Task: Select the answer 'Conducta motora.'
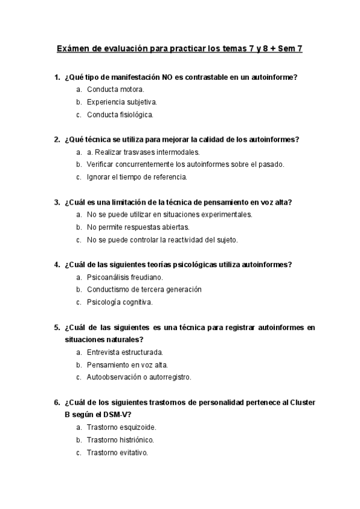(115, 89)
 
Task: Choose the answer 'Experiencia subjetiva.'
(122, 102)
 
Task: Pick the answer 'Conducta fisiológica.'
(120, 115)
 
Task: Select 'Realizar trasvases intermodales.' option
(147, 152)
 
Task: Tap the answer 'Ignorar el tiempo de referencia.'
(137, 177)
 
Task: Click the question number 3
(57, 202)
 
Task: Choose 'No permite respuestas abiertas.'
(137, 227)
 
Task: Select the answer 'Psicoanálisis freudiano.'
(125, 277)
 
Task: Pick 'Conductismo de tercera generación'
(144, 289)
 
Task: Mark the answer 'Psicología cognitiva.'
(119, 302)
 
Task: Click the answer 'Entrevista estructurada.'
(125, 352)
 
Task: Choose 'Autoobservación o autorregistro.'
(139, 378)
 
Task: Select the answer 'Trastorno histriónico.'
(120, 440)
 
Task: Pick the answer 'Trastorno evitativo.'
(117, 453)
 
